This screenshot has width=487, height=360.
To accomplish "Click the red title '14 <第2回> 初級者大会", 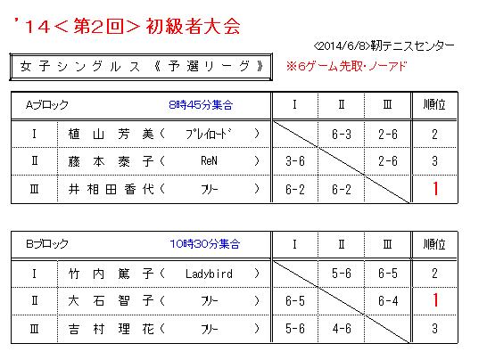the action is tap(127, 26).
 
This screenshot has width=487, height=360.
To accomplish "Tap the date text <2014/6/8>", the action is tap(342, 46).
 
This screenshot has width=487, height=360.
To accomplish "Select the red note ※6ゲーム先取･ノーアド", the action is tap(346, 67).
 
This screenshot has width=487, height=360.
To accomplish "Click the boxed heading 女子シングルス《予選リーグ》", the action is tap(141, 67).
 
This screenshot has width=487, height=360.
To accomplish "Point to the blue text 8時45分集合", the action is tap(201, 105).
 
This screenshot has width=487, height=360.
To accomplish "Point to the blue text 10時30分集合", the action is tap(205, 244).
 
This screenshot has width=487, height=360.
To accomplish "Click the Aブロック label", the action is tap(47, 105).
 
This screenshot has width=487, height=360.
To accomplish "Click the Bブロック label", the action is tap(47, 244).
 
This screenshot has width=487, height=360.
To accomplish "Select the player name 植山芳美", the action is tap(111, 134).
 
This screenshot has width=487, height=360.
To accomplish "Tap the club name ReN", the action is tap(209, 161).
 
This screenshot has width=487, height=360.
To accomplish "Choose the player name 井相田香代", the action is tap(111, 189).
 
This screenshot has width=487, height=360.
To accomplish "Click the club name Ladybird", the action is tap(209, 274).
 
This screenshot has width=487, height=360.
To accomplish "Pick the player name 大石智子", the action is tap(111, 300).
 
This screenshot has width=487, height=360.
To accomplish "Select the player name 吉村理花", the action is tap(111, 329).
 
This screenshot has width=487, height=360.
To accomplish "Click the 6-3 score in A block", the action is tap(342, 134).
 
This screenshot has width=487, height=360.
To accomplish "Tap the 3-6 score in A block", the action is tap(295, 161).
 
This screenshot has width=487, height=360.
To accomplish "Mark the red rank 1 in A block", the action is tap(435, 189).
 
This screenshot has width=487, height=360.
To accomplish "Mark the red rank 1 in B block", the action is tap(435, 300).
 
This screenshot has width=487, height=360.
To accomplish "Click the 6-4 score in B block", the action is tap(388, 300).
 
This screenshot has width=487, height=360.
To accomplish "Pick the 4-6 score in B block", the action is tap(342, 329).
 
